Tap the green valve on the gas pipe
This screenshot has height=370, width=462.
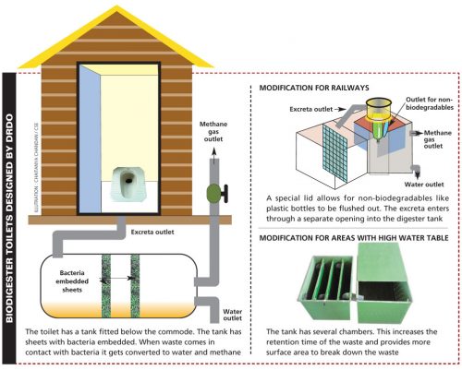tap(213, 195)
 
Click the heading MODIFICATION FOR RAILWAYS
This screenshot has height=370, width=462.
tap(315, 88)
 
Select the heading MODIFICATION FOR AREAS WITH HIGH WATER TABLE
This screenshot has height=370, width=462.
tap(354, 237)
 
